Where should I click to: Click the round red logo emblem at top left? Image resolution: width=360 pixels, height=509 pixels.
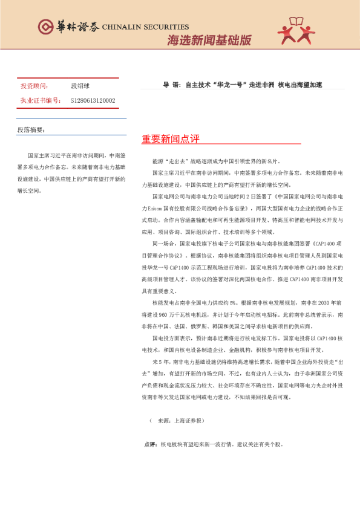point(45,27)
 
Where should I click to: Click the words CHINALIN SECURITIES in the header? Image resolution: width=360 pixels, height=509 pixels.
point(145,27)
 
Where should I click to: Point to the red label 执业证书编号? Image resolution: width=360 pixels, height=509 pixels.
point(40,100)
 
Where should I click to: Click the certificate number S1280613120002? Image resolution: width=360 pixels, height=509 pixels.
point(93,100)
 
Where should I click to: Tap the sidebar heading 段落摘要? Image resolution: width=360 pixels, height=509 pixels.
point(31,130)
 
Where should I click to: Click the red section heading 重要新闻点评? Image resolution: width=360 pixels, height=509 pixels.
point(170,139)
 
